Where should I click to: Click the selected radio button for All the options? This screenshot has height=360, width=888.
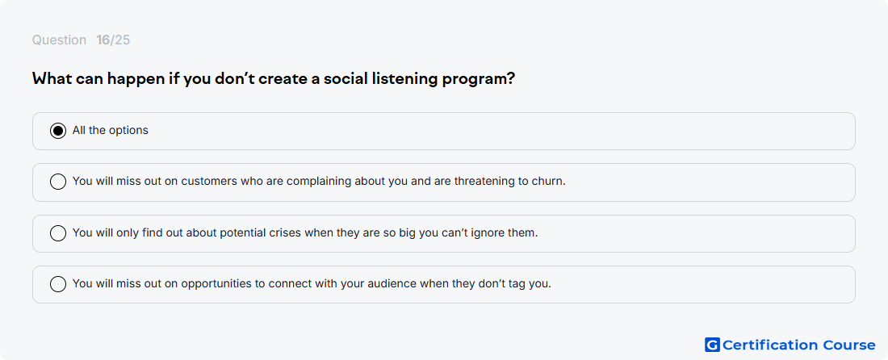pos(58,131)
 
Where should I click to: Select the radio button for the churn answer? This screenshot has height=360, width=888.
pos(58,182)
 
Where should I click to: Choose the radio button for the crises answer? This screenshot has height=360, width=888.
pos(58,232)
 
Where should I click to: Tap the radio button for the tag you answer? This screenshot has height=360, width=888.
pos(58,283)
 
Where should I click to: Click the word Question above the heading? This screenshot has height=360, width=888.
pos(59,40)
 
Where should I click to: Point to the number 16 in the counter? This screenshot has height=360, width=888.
pos(103,40)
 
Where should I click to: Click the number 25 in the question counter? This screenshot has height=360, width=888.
pos(123,40)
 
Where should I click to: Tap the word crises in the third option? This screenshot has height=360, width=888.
pos(287,232)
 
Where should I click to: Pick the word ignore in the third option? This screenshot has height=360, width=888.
pos(471,232)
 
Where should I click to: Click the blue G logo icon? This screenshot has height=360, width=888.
pos(712,345)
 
